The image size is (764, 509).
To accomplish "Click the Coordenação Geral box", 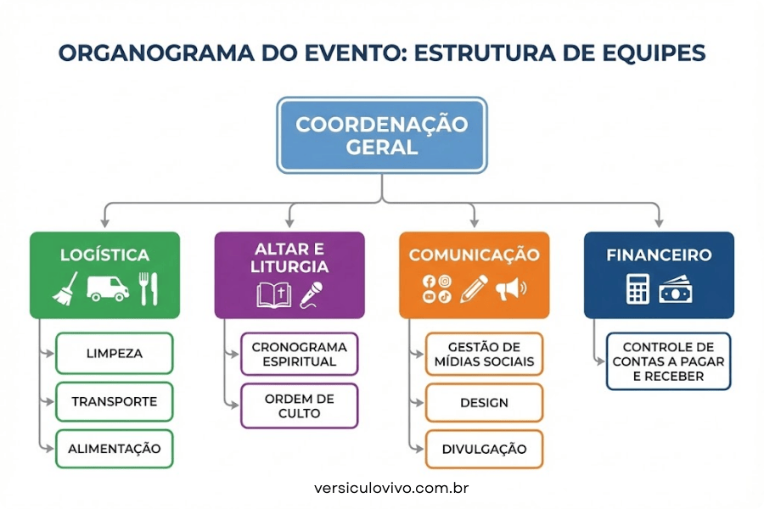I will [381, 135].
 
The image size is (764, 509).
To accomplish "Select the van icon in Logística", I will [107, 289].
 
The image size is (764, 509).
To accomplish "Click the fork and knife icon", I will [148, 288].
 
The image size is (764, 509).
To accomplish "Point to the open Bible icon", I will [273, 294].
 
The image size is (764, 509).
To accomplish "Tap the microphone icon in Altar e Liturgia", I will [313, 294].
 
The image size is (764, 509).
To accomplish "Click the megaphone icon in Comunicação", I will [509, 289].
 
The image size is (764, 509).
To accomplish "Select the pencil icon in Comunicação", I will [473, 288].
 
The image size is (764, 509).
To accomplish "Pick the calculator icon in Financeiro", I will [638, 289].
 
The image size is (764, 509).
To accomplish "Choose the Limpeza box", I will [114, 354].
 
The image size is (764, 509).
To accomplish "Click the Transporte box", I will [114, 401].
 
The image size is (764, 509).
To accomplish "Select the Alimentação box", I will [114, 449].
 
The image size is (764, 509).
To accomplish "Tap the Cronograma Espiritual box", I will [300, 354].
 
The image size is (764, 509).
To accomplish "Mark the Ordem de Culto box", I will [300, 406].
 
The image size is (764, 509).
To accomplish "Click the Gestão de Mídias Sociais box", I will [484, 354].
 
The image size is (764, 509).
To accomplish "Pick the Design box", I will [484, 402].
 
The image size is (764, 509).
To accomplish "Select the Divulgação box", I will [484, 449].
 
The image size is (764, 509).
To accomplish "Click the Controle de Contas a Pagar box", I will [668, 361].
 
